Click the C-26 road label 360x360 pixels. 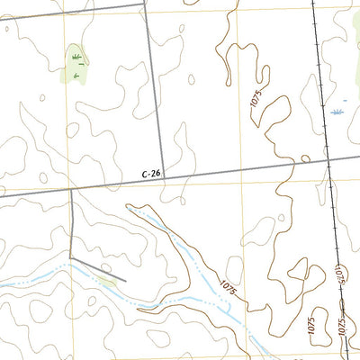[152, 174]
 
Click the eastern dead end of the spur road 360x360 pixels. [126, 280]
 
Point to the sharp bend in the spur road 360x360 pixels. [71, 260]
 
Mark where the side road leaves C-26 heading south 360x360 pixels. [71, 189]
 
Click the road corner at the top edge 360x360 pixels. [144, 3]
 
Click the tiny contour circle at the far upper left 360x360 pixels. [6, 28]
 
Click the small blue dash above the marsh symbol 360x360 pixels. [344, 101]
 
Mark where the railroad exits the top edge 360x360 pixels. [312, 2]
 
